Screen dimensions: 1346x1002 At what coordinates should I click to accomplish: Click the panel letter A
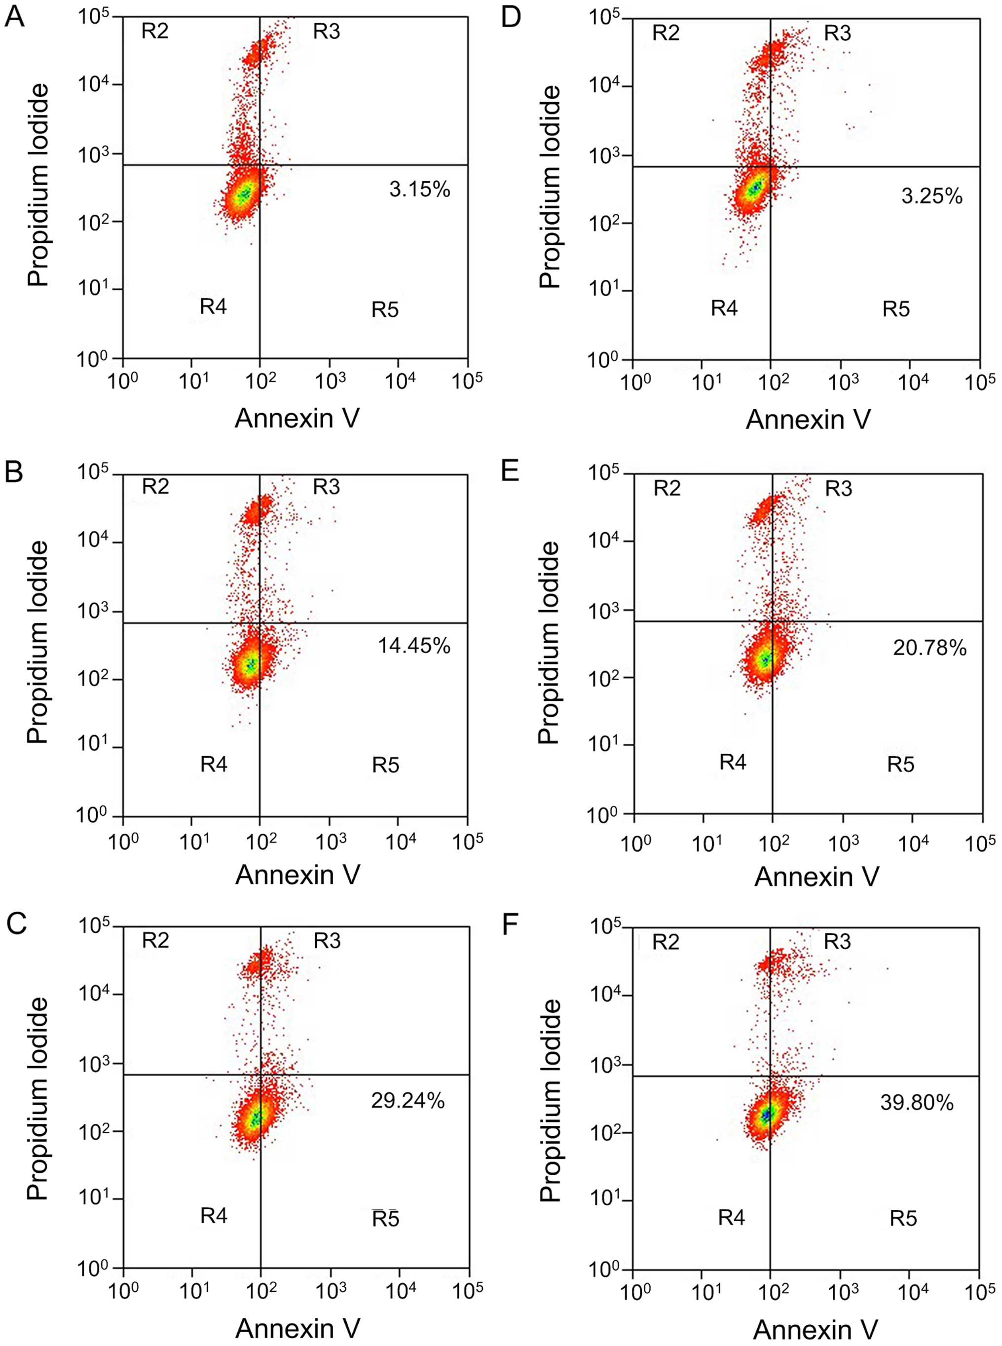(x=15, y=18)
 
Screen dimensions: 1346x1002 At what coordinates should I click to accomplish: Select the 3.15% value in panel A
(x=420, y=190)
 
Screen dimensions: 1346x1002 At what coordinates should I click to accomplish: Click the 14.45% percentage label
(x=414, y=646)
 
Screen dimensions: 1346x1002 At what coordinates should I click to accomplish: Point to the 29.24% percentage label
(x=408, y=1100)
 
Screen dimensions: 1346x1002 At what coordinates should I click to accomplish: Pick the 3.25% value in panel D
(x=931, y=196)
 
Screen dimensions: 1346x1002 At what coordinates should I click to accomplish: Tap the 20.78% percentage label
(x=929, y=648)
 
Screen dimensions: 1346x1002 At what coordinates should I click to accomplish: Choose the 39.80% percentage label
(x=917, y=1103)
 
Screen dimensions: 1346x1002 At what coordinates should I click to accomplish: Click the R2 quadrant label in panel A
(x=155, y=31)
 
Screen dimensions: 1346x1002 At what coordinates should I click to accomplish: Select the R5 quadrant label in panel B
(x=386, y=765)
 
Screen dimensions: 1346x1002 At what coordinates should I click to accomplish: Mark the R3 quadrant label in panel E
(x=838, y=488)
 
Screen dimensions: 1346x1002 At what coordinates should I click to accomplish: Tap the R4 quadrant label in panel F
(x=732, y=1217)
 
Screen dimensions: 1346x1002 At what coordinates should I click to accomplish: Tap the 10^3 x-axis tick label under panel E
(x=843, y=844)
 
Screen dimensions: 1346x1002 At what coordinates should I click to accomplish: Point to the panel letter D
(x=511, y=18)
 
